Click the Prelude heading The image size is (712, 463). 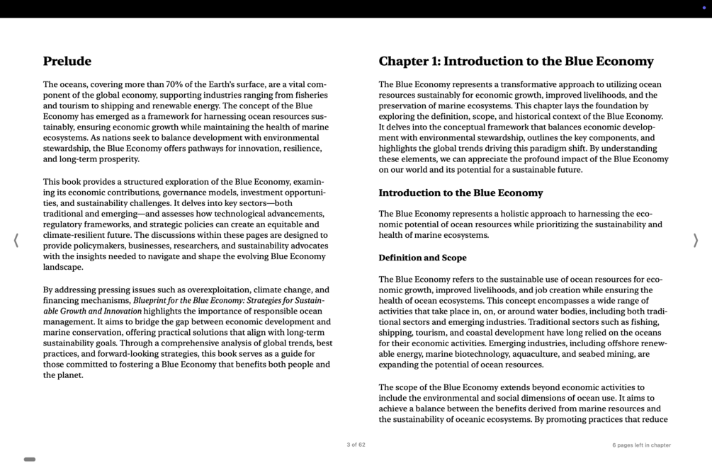tap(67, 62)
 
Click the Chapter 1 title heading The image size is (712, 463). tap(516, 62)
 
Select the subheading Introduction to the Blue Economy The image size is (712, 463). tap(460, 193)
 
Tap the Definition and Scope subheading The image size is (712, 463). tap(422, 258)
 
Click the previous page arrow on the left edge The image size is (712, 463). tap(16, 241)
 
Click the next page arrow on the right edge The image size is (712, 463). tap(695, 241)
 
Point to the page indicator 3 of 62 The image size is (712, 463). tap(356, 445)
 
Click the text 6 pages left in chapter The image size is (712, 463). tap(641, 445)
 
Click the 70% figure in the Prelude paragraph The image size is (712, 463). tap(175, 84)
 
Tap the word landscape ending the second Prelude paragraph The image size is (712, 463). tap(63, 268)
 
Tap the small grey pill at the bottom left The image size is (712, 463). tap(30, 459)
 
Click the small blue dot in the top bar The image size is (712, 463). tap(703, 8)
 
